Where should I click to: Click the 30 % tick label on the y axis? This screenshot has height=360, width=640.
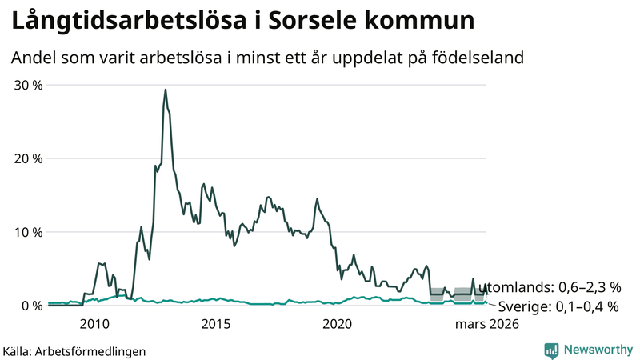point(26,86)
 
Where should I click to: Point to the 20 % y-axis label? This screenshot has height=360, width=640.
point(26,159)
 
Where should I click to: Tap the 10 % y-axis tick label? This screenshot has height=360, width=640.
point(26,232)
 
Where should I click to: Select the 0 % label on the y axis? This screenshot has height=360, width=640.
point(30,306)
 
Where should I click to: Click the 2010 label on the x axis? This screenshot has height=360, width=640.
point(94,324)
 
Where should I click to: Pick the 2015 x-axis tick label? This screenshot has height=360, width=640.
point(216,324)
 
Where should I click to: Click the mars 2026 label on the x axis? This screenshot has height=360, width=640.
point(487,324)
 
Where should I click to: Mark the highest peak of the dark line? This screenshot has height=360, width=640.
point(166,90)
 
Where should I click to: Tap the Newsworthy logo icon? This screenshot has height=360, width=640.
point(551,350)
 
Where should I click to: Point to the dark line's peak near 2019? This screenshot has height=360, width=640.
point(318,199)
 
